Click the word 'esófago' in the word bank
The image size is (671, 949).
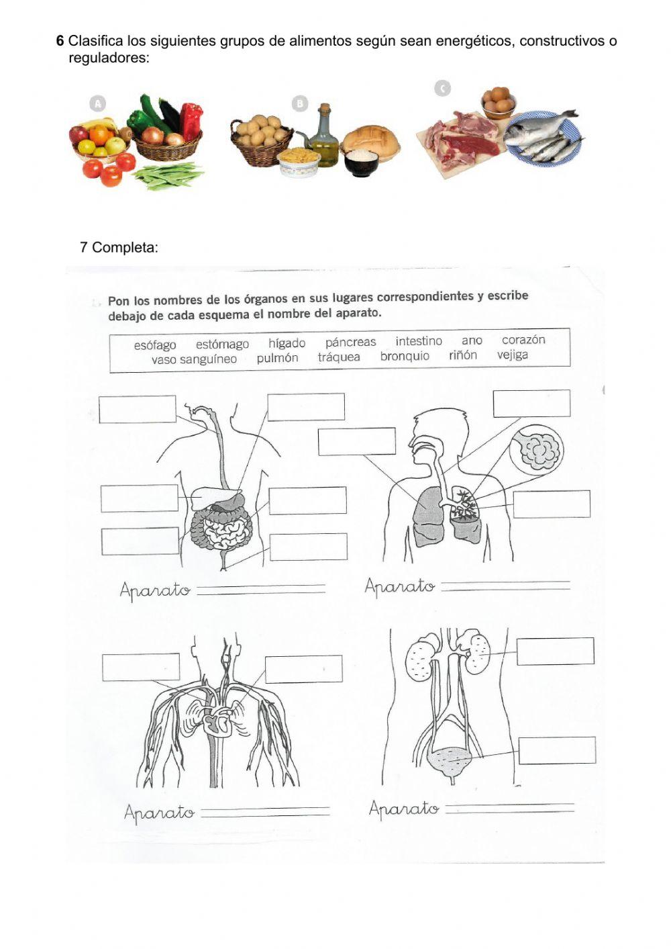154,345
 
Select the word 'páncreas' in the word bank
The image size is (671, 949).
350,343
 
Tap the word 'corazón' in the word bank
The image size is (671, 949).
523,340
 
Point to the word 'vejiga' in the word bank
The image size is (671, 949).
513,355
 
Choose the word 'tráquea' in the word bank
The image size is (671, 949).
339,357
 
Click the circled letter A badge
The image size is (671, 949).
98,103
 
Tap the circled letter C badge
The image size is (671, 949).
442,88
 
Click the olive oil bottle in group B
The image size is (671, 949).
323,138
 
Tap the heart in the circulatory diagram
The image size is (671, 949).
218,721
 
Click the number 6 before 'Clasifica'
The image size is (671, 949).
60,41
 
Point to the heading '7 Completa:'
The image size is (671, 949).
119,247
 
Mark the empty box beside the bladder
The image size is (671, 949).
557,750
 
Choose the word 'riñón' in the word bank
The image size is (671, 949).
463,355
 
